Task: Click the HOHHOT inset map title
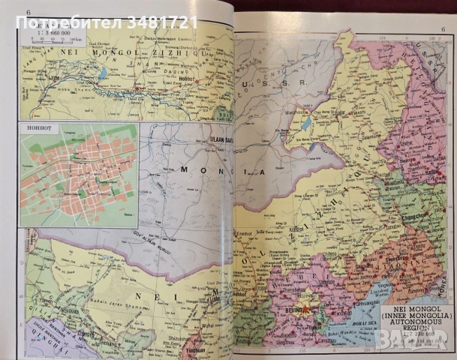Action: pos(35,127)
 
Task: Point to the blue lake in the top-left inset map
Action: pos(102,73)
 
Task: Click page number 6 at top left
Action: pos(29,12)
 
